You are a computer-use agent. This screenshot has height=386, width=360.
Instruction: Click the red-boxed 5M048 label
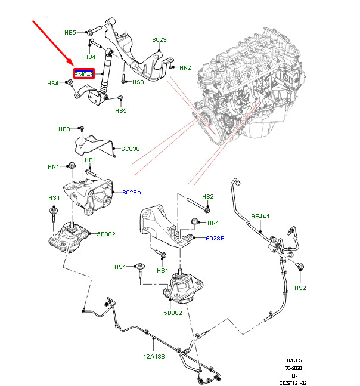83,75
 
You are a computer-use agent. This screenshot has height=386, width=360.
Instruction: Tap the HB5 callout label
70,32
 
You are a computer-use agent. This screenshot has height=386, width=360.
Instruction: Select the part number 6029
159,40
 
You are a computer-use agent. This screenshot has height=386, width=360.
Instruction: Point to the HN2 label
185,68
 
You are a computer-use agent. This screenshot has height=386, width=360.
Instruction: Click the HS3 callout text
138,82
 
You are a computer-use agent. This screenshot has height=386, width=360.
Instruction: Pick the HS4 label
53,84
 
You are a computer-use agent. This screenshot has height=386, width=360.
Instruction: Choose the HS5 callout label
121,110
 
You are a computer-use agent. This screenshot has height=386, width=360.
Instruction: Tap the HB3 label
64,129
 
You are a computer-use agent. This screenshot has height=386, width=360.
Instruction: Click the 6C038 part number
131,149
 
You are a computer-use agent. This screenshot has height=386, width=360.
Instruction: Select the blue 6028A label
132,192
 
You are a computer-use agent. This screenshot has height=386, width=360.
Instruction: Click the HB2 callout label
208,196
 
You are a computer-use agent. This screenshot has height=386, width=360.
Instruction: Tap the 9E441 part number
260,216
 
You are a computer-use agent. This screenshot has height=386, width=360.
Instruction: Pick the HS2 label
300,288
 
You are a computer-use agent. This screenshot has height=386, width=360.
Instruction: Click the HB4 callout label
89,57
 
